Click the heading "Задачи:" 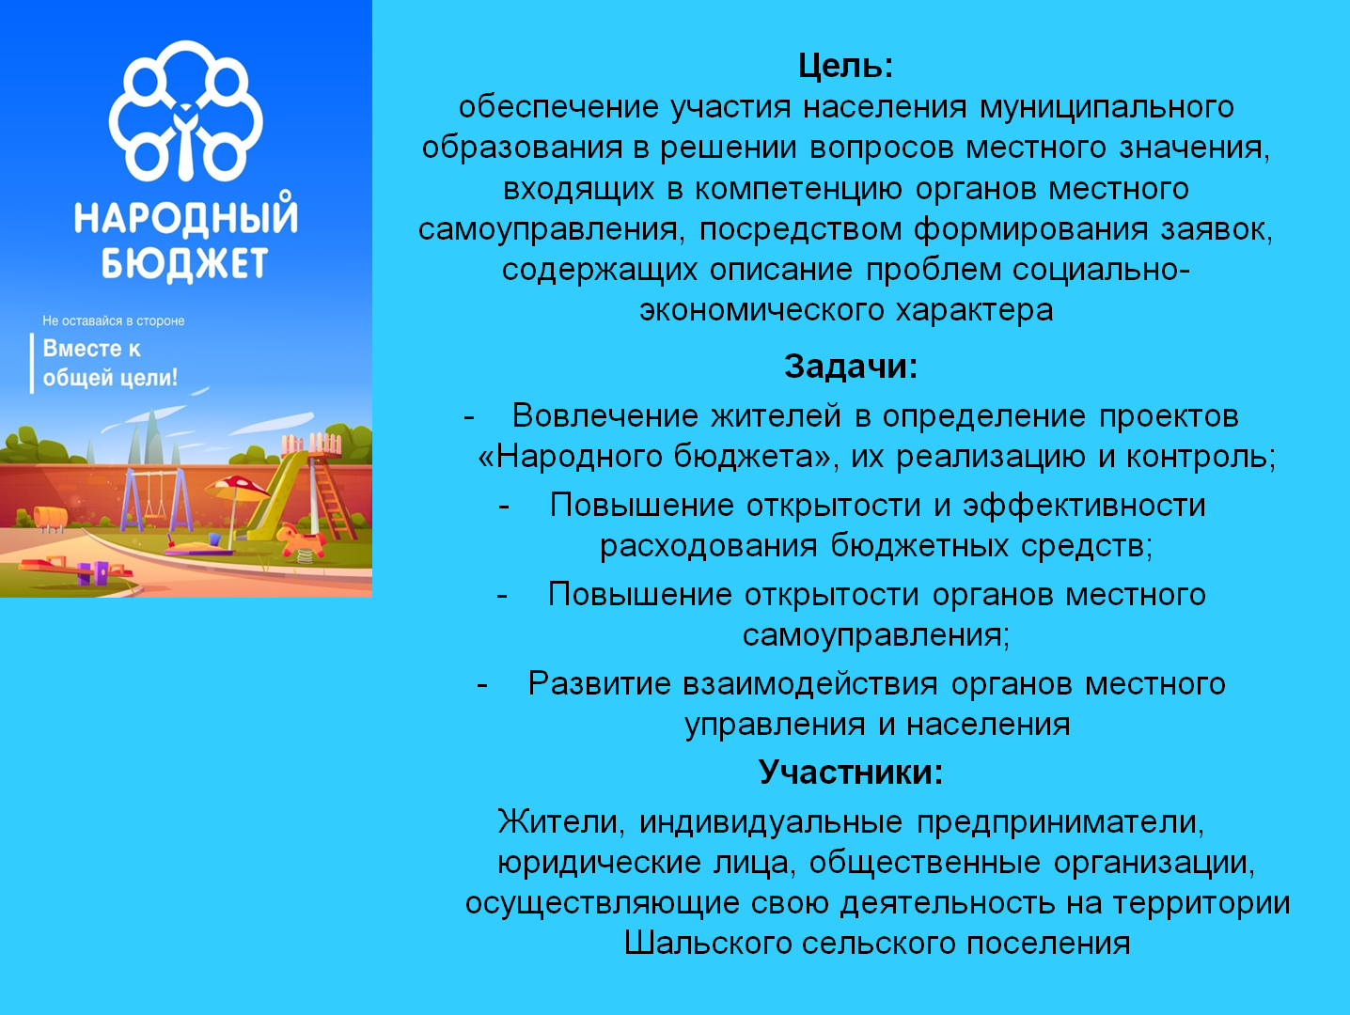851,367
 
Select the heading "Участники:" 851,772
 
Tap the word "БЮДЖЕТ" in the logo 184,264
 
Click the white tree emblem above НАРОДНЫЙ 185,111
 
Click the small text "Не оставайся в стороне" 113,320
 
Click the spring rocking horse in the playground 301,542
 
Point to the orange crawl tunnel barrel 50,518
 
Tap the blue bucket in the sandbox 214,539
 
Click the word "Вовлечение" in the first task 605,415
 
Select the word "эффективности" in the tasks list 1084,506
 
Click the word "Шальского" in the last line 707,943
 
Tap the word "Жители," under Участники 561,821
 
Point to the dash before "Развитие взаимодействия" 482,683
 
